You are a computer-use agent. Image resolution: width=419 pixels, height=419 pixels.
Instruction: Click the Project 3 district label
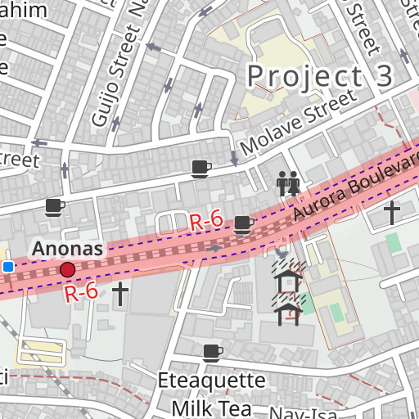click(320, 76)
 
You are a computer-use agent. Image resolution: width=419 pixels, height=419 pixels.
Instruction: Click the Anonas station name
click(67, 248)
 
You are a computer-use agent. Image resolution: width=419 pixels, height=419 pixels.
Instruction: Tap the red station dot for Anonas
click(67, 269)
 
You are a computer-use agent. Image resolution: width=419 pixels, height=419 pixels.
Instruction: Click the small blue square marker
click(8, 267)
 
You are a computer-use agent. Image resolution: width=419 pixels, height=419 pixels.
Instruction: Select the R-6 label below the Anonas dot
click(82, 291)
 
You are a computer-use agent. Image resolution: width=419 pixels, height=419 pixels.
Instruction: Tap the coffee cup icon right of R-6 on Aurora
click(243, 223)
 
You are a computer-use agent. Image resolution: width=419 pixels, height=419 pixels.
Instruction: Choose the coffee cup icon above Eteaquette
click(212, 352)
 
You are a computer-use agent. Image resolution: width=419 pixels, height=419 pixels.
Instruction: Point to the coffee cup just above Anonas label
click(54, 206)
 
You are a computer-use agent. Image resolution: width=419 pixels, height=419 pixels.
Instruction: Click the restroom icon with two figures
click(287, 183)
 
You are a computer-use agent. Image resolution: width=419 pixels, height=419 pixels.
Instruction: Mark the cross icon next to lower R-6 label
click(120, 294)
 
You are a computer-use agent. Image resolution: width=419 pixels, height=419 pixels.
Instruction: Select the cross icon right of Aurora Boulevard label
click(392, 213)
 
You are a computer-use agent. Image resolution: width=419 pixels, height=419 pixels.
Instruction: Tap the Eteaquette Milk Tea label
click(211, 394)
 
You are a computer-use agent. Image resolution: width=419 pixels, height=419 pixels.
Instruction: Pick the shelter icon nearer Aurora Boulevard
click(289, 281)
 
